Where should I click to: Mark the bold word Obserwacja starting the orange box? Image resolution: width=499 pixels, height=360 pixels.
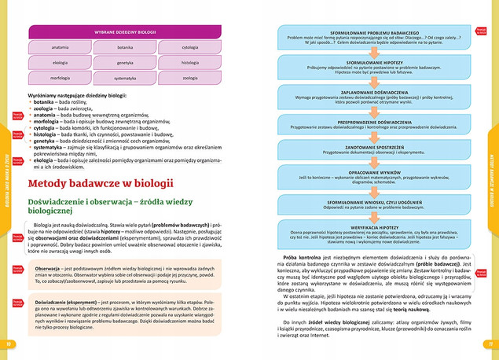[49, 269]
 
